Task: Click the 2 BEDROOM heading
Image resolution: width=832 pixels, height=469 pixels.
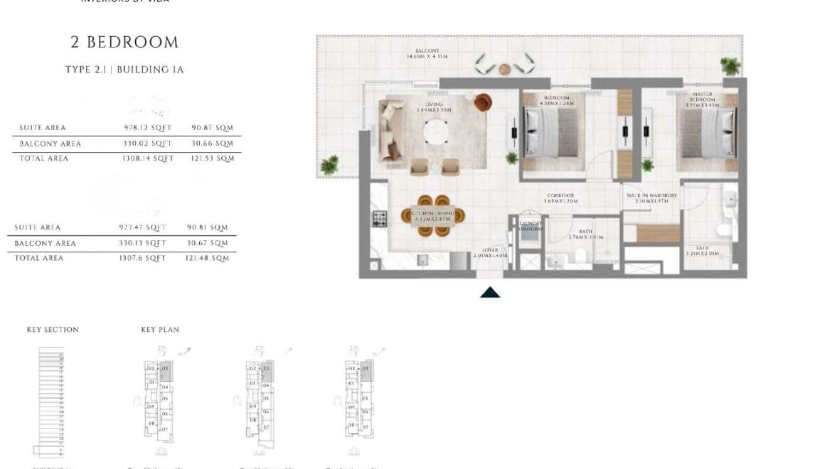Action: (x=124, y=43)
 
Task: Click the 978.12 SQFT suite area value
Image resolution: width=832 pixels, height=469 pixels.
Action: (x=148, y=128)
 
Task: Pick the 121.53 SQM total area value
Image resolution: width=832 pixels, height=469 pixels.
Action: (x=213, y=158)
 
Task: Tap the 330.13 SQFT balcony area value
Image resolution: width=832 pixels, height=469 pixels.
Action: (x=142, y=243)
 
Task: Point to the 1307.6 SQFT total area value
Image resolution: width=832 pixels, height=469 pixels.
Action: (x=142, y=258)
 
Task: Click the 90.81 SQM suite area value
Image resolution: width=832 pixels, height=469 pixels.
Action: (x=209, y=227)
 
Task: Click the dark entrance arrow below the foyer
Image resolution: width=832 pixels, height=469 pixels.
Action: (x=490, y=291)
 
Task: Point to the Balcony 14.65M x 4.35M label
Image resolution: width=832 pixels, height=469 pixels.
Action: (x=427, y=54)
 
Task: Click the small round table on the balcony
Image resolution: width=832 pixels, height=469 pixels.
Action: (x=505, y=69)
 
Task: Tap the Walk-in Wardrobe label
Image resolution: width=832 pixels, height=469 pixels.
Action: (x=651, y=198)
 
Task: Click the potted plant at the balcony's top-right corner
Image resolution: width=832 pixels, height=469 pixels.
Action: (x=730, y=67)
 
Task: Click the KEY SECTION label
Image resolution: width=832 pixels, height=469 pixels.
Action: (x=53, y=330)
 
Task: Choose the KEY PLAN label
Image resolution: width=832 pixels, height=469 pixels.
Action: (x=160, y=330)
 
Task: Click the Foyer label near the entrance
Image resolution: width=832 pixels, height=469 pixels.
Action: (x=491, y=252)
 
